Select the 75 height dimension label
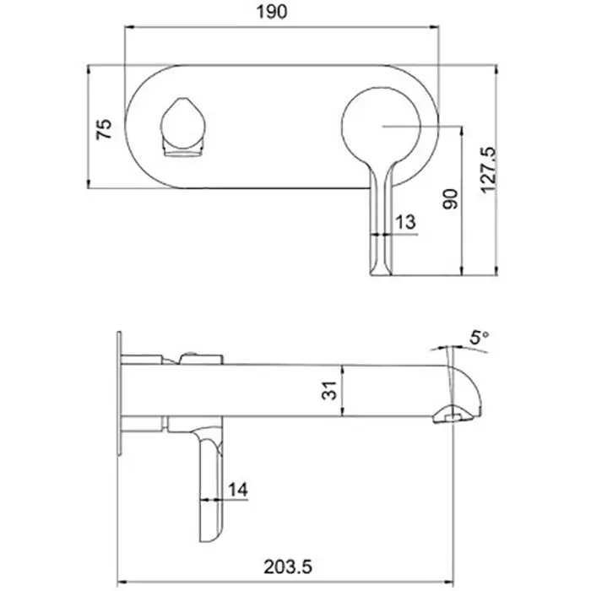click(x=104, y=127)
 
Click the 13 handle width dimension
click(x=405, y=222)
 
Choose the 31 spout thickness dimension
click(x=330, y=390)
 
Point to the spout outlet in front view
click(x=182, y=130)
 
